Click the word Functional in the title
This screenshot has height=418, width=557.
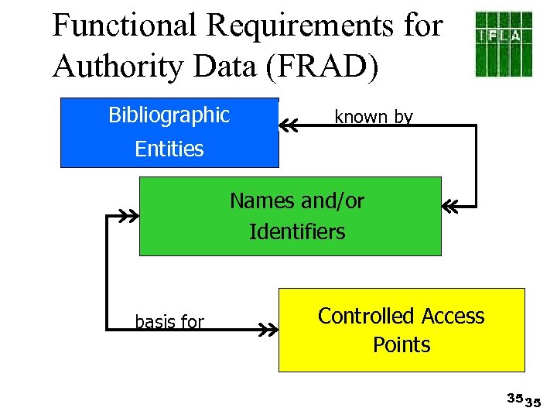(125, 26)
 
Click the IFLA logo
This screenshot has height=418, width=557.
(503, 43)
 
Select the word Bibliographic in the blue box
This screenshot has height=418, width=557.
(169, 115)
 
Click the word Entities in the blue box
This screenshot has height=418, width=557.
(169, 149)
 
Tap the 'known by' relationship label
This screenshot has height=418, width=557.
(373, 117)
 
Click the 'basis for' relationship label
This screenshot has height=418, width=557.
(169, 322)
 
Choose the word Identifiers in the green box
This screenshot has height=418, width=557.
(297, 231)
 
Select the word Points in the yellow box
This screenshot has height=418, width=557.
(401, 344)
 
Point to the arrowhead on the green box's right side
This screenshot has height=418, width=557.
(450, 207)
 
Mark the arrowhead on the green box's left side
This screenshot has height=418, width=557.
(128, 216)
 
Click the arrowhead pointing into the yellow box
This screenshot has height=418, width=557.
(268, 330)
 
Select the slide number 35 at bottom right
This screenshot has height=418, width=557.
(524, 399)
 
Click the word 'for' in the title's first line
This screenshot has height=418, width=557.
(423, 26)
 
